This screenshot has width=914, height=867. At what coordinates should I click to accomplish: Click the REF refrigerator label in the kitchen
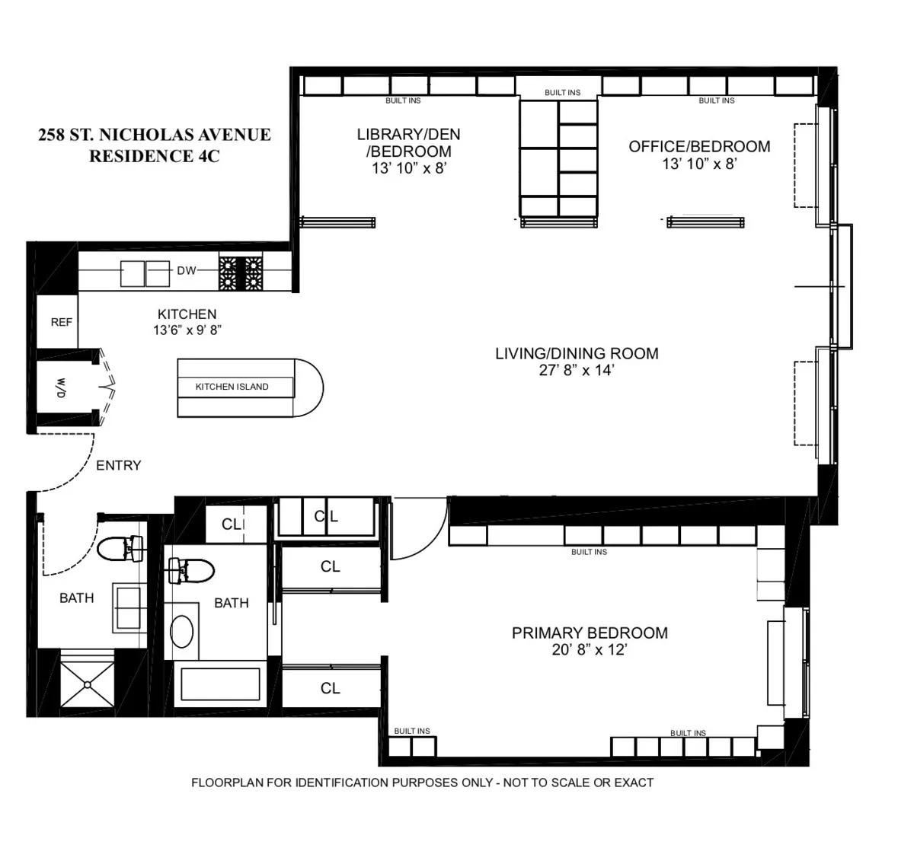61,322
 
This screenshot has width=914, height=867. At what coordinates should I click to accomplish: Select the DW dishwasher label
187,270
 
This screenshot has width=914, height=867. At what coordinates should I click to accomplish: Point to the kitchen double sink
145,273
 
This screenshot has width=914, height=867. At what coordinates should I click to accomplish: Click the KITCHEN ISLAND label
232,387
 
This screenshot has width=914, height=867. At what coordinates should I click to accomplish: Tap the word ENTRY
118,465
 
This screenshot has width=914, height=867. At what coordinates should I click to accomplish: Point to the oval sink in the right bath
181,631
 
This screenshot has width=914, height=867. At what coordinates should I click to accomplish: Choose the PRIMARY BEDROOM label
590,633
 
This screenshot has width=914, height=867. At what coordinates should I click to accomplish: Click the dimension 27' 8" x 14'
576,371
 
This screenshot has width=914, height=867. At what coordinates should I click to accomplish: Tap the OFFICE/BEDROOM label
698,146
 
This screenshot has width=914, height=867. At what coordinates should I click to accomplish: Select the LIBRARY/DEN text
408,135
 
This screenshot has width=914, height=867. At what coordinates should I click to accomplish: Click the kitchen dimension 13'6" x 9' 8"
187,330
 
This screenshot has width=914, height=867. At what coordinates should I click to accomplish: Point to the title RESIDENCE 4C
154,157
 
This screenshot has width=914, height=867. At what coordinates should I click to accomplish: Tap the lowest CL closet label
330,688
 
